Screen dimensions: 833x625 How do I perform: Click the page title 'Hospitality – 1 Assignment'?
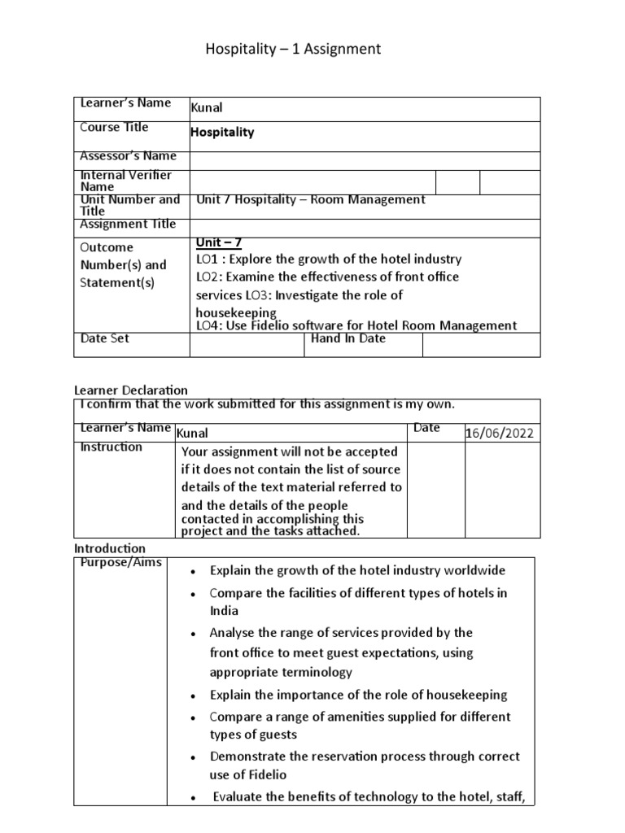(292, 50)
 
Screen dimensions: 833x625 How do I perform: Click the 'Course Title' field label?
(114, 127)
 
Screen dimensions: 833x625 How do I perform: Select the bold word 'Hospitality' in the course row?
(222, 132)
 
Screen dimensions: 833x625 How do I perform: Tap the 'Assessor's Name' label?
(128, 155)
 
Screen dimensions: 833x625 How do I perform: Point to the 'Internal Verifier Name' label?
(125, 181)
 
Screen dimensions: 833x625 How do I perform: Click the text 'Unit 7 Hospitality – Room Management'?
(311, 199)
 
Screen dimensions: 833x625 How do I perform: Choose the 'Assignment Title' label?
(127, 224)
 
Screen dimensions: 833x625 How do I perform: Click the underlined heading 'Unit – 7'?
(219, 242)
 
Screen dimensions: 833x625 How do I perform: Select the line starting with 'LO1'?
(329, 259)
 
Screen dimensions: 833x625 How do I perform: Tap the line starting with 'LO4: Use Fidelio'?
(356, 325)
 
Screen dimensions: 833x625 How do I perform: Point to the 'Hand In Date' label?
(348, 338)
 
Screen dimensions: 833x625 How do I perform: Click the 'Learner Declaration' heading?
(131, 390)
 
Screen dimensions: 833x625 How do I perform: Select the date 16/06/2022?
(500, 433)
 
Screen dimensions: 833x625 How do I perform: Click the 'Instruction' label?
(111, 447)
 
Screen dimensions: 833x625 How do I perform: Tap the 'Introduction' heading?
(110, 548)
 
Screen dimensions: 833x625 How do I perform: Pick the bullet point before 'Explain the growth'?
(191, 571)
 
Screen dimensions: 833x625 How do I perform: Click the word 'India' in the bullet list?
(224, 610)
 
